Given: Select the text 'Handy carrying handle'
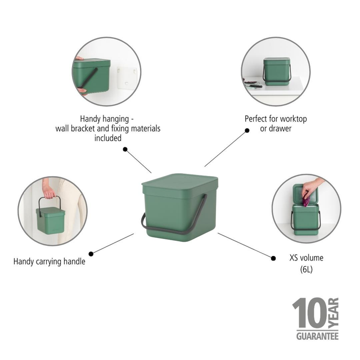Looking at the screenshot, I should [49, 261].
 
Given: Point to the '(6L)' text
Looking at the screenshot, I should [306, 269].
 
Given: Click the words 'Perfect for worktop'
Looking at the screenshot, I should [276, 119].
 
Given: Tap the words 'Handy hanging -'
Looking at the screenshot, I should [107, 119].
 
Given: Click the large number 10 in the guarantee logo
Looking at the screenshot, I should [307, 314].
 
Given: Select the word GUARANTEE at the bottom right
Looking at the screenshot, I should [317, 336].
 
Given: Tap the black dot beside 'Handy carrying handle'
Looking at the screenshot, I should [91, 253].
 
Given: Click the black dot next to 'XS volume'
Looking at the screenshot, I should [274, 258].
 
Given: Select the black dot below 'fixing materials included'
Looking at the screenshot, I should [125, 150].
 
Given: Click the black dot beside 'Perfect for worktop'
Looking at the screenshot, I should [246, 130].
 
